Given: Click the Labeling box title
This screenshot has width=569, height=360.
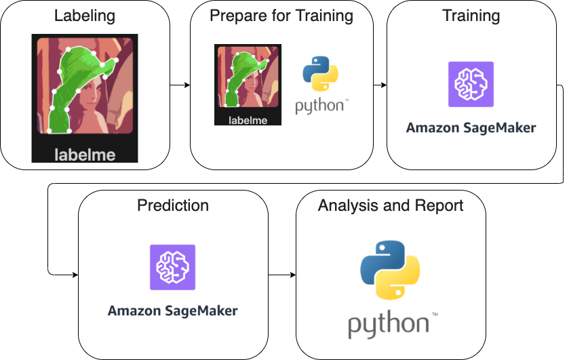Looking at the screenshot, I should point(85,15).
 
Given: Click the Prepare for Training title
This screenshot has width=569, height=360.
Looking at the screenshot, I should point(281,15).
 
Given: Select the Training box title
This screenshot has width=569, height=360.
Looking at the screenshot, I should point(471,15).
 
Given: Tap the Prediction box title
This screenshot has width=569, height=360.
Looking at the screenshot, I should point(173,205).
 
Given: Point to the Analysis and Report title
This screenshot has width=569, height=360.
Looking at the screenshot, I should point(391,205).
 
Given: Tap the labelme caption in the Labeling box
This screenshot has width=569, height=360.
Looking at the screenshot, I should point(85,155).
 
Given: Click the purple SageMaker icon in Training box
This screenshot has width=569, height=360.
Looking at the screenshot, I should point(471,84).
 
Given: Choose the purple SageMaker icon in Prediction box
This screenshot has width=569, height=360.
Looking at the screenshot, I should point(172,267).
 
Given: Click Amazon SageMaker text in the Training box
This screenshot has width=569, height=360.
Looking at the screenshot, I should point(471,127).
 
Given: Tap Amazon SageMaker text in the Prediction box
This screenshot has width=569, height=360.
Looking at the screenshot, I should point(172,311).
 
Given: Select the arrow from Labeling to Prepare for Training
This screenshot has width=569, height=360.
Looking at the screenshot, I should point(179,85).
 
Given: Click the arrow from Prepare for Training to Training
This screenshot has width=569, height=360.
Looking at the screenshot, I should point(380,85).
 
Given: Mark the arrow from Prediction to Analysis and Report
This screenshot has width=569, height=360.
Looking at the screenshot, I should point(282,275).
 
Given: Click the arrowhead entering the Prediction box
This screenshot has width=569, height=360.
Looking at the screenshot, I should point(74,275).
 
